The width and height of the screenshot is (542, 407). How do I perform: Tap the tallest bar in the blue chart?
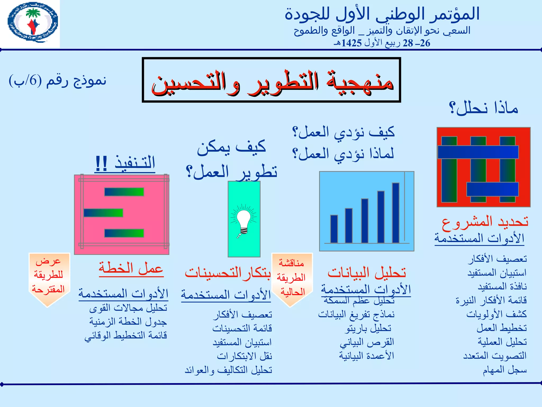(396, 213)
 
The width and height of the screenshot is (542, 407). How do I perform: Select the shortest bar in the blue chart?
(334, 229)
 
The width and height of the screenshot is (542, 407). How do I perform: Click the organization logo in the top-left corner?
(32, 22)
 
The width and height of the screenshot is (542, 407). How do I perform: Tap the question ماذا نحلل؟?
(484, 108)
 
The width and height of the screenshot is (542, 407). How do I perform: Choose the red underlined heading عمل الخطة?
(131, 268)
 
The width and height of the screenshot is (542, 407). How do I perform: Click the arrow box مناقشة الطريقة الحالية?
(292, 278)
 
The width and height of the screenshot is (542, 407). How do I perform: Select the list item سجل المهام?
(504, 370)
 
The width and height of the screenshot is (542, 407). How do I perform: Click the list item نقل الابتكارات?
(244, 356)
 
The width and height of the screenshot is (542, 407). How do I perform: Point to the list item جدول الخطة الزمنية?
(128, 321)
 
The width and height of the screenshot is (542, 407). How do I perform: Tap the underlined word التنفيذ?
(135, 162)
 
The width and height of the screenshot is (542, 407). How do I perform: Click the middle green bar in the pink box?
(103, 213)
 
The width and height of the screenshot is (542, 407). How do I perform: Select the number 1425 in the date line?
(351, 43)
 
